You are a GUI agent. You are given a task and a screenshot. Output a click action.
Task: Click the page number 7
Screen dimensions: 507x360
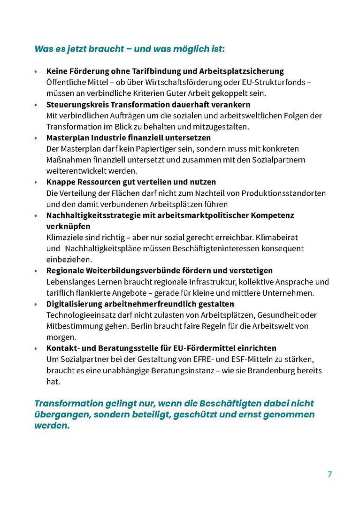pyautogui.click(x=329, y=474)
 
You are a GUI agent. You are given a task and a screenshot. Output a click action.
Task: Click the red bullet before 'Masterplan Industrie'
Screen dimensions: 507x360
pyautogui.click(x=36, y=138)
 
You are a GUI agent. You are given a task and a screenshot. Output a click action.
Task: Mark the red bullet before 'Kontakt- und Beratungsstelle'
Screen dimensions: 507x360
pyautogui.click(x=36, y=348)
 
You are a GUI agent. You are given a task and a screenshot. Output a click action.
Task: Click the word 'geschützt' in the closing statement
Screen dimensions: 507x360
pyautogui.click(x=178, y=415)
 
